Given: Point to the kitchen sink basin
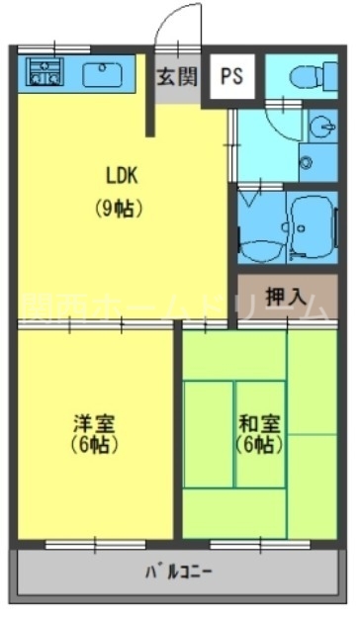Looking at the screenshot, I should point(103,72).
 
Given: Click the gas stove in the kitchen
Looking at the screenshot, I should point(43,71).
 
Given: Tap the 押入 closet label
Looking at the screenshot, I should point(287,297).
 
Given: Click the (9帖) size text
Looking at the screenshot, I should point(122,209).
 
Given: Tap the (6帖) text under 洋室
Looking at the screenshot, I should point(95,445).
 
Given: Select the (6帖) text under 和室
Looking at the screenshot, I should point(259,445).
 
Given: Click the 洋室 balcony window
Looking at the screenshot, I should point(95,543).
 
